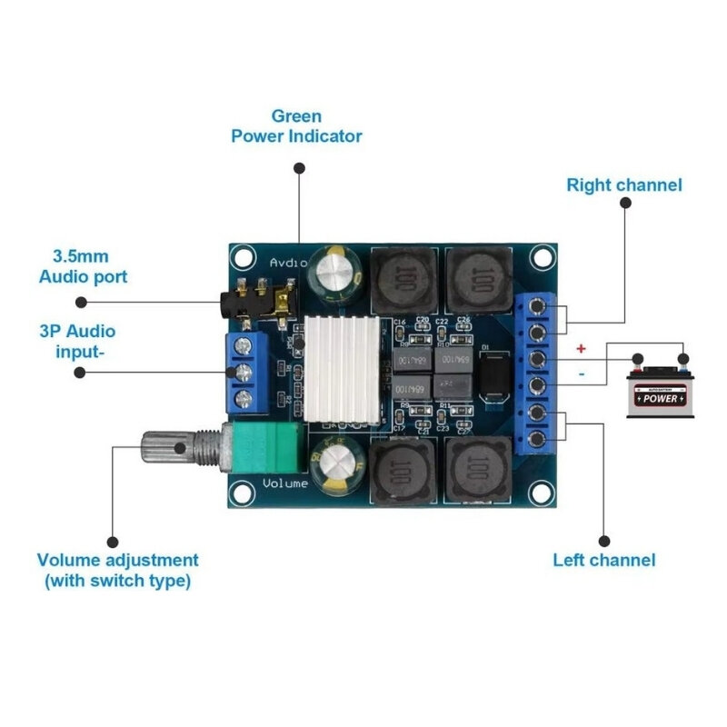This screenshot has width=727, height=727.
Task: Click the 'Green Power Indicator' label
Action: point(296,126)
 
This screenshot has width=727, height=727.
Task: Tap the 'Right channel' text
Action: point(623,184)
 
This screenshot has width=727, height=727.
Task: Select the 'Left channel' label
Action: point(603,560)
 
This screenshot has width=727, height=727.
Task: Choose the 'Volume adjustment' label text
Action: point(117,570)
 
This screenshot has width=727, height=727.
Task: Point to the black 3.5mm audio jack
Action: point(258,303)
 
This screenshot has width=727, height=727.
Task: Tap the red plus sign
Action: point(581,348)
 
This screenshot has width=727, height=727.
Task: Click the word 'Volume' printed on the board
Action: point(285,483)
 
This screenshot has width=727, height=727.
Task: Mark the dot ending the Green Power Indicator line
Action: point(298,168)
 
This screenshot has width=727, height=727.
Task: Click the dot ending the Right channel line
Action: point(625,204)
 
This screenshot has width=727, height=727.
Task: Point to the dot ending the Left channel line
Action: point(604,535)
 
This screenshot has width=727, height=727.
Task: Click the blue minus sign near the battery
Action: point(581,372)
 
